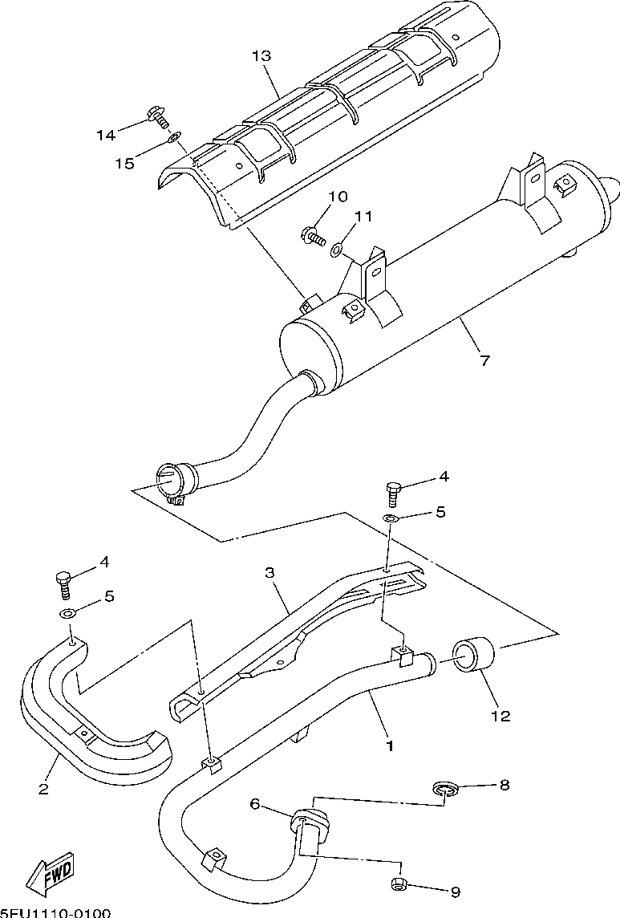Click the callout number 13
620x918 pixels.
[261, 56]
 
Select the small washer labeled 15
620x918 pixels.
[174, 138]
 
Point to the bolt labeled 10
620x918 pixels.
[312, 235]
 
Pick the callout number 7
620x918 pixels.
[484, 360]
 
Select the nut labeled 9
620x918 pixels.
[399, 884]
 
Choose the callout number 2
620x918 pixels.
[43, 790]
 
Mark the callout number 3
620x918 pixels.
[269, 572]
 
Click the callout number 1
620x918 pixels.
[390, 745]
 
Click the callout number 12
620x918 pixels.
[500, 716]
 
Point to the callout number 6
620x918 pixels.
[255, 803]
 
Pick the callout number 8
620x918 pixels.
[504, 785]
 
